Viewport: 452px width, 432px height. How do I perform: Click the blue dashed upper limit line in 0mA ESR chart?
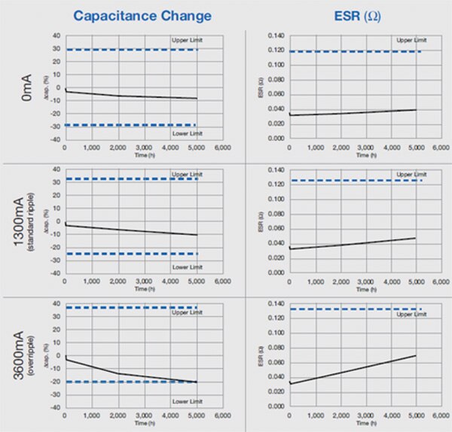click(354, 51)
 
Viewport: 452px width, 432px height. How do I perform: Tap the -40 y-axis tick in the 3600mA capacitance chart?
click(55, 407)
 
